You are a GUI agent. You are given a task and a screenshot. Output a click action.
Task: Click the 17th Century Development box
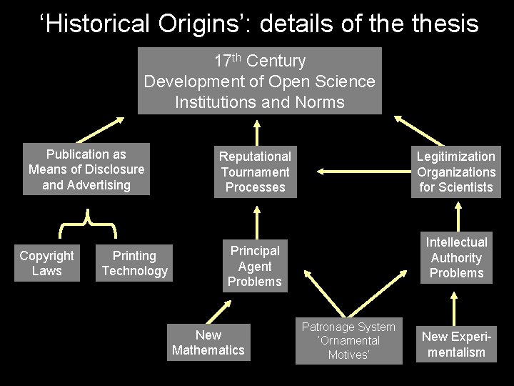[x=259, y=81]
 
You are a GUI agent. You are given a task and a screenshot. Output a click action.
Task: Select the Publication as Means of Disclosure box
[x=86, y=169]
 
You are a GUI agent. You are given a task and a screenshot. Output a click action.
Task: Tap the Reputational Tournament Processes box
[x=255, y=172]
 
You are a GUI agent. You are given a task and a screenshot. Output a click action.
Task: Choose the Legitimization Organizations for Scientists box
[x=456, y=172]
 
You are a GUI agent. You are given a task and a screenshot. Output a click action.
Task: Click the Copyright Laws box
[x=46, y=263]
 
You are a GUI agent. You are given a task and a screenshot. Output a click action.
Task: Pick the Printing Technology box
[x=134, y=263]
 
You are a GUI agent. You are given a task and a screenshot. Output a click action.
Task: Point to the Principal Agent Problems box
[x=255, y=266]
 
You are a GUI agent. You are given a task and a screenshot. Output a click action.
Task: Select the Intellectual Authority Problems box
[x=456, y=257]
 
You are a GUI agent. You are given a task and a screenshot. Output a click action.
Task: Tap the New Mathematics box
[x=208, y=342]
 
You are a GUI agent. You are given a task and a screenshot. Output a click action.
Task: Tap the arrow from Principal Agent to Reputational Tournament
[x=255, y=218]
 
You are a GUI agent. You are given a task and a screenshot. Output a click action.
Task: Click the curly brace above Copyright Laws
[x=87, y=223]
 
